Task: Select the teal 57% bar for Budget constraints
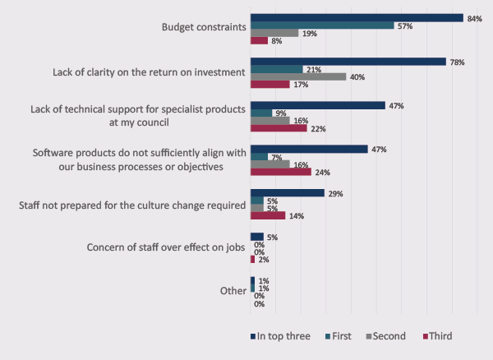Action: point(322,25)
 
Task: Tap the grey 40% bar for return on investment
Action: point(299,76)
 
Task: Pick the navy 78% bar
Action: point(348,61)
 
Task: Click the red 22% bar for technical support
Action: point(279,128)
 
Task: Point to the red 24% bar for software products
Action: point(281,173)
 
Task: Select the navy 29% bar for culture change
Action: point(288,193)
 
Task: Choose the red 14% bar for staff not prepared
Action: point(268,215)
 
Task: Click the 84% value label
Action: point(474,16)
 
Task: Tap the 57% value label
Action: point(406,25)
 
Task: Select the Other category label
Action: point(232,291)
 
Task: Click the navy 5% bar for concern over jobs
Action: point(257,237)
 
